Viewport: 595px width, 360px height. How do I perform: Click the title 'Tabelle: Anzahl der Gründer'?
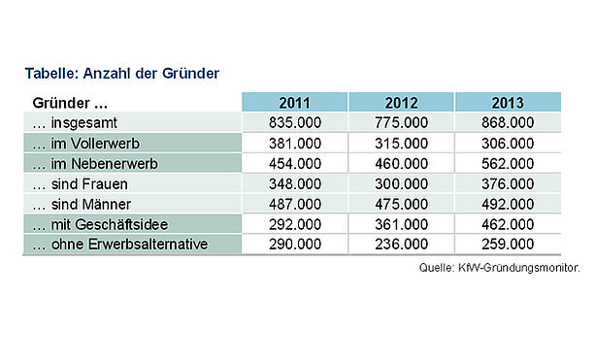click(121, 73)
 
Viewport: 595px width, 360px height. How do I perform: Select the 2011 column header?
click(295, 103)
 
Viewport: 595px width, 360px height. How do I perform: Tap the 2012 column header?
click(401, 103)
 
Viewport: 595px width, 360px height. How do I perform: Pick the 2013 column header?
click(508, 103)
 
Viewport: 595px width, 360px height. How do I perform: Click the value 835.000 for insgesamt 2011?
click(295, 122)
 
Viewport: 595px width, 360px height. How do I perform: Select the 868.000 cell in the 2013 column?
click(508, 122)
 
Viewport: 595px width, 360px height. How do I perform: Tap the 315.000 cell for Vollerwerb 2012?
click(401, 144)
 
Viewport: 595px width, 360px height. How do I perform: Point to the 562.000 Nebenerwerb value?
click(508, 163)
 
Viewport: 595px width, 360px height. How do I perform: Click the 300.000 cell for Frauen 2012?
click(401, 184)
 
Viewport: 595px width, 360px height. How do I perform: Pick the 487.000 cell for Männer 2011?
click(295, 204)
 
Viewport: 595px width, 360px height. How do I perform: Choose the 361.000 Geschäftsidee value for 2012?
click(401, 224)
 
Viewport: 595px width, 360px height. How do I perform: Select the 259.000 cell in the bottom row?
click(508, 244)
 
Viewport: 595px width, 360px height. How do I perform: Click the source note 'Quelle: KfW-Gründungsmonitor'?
click(499, 268)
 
